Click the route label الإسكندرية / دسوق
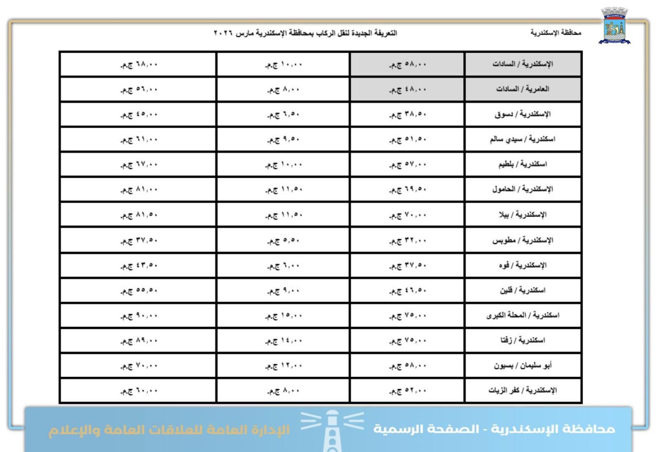[x=522, y=114]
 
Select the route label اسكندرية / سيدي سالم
[x=522, y=139]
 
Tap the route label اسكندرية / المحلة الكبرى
[x=522, y=315]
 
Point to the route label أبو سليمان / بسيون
[x=522, y=366]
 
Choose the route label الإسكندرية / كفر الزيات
[x=522, y=390]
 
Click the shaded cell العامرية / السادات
[x=522, y=89]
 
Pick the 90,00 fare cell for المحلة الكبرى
[x=139, y=316]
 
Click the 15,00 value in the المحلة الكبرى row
[x=284, y=316]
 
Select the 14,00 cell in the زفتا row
[x=284, y=341]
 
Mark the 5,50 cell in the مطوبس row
[x=284, y=240]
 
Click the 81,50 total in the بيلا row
[x=139, y=215]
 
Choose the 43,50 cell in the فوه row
[x=139, y=266]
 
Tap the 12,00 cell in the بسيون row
[x=284, y=366]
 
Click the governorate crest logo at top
[x=614, y=26]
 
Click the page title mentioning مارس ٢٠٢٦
[x=305, y=33]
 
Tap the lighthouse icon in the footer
[x=332, y=430]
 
